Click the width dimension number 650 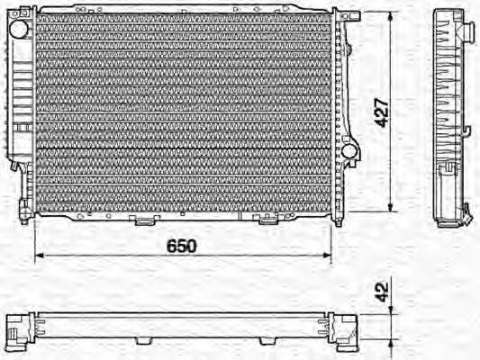[181, 245]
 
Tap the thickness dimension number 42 [382, 292]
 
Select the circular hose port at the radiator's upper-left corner [18, 29]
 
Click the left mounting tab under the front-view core [141, 220]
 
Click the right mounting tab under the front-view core [267, 220]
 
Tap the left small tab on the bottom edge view [141, 343]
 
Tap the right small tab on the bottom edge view [267, 343]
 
